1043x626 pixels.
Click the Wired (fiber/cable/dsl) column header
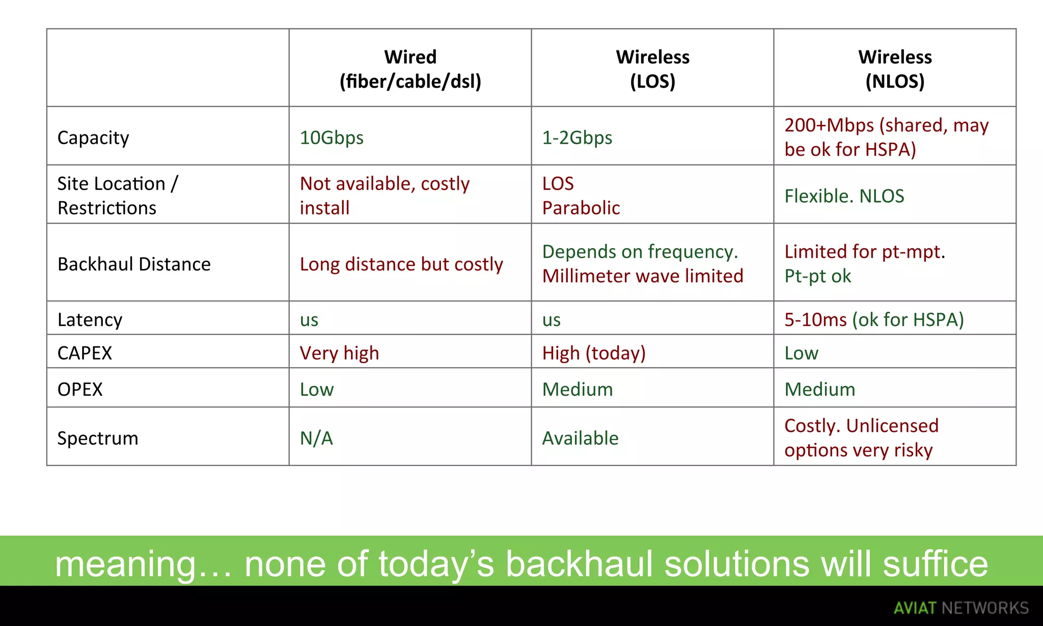[410, 69]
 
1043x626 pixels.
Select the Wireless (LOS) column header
[652, 69]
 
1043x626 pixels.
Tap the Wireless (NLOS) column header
[895, 69]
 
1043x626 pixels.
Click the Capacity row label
[93, 138]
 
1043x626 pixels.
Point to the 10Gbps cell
[332, 138]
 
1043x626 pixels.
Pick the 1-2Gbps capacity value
[577, 138]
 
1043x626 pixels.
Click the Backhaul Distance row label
[134, 264]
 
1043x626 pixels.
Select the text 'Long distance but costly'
[401, 264]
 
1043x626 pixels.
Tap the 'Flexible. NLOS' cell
[844, 196]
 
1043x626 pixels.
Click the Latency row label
[90, 319]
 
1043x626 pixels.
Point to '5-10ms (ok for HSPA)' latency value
[874, 319]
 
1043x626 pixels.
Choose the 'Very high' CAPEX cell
[339, 353]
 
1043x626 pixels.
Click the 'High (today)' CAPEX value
[594, 353]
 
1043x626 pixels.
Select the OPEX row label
[80, 389]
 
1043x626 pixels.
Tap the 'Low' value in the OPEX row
[317, 389]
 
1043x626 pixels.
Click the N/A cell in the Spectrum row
[316, 438]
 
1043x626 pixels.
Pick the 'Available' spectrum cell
[580, 438]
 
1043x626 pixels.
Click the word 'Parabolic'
[581, 208]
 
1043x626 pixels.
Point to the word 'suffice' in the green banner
[935, 564]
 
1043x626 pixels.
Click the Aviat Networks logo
[961, 608]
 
